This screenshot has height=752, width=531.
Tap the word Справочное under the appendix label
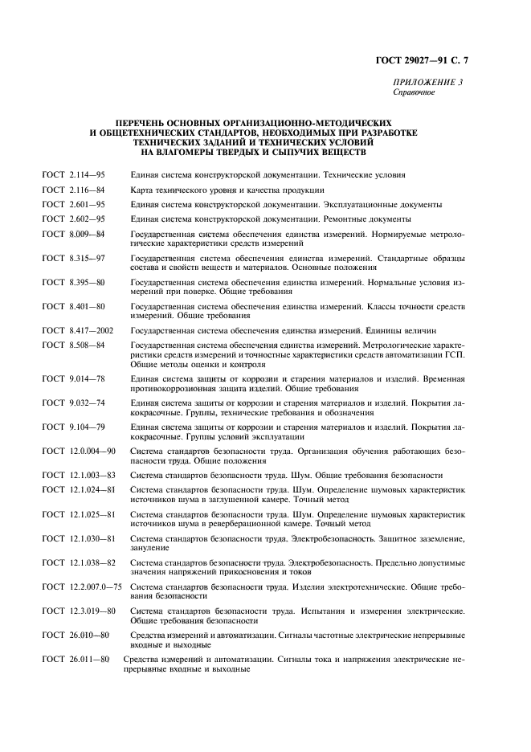(414, 92)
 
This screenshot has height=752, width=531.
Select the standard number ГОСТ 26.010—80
(76, 635)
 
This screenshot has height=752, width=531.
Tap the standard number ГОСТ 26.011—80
(76, 660)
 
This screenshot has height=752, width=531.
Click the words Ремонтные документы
(368, 219)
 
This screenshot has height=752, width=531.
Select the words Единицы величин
(401, 330)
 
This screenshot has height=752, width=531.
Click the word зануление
(149, 547)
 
